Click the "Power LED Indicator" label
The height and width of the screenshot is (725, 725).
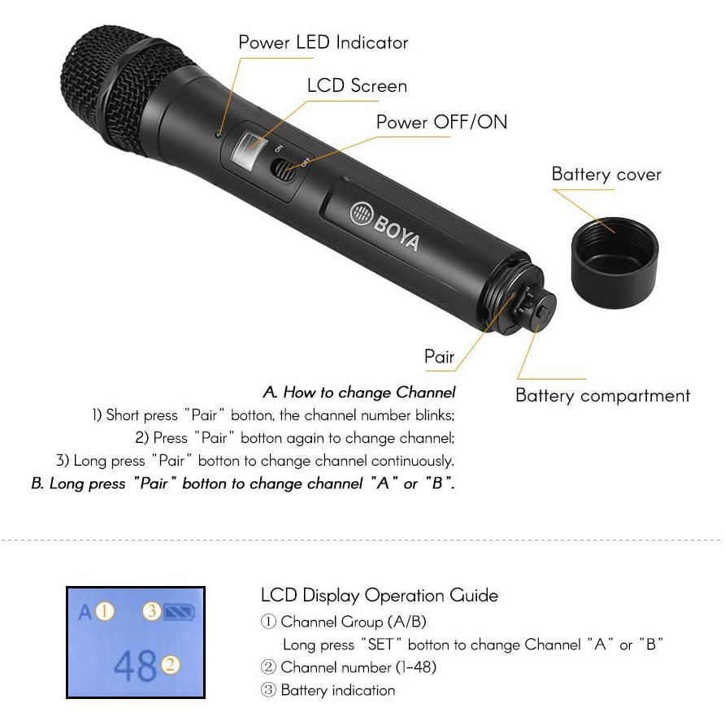pos(323,42)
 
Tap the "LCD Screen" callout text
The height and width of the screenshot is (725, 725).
pos(357,85)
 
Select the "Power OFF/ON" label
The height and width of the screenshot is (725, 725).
pos(441,122)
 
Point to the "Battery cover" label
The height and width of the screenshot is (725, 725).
pos(606,174)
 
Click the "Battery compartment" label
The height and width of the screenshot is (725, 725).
pos(602,396)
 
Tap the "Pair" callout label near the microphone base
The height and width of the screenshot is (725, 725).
pos(439,357)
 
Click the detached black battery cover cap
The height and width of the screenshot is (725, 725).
pos(615,263)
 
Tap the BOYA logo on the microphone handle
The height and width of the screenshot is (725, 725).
pos(384,226)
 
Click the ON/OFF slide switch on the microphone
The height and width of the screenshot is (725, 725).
pos(283,170)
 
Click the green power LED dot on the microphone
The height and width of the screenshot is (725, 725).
pos(219,135)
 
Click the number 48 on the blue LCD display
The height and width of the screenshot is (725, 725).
pos(135,666)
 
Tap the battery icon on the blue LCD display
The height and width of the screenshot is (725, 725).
pos(179,612)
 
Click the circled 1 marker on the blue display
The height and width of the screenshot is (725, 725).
pos(105,611)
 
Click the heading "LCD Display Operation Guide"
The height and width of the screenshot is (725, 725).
pos(379,596)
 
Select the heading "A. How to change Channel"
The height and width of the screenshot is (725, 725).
pos(358,393)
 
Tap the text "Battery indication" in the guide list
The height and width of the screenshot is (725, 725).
pos(337,690)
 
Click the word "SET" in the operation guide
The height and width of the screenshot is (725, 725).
pos(380,645)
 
